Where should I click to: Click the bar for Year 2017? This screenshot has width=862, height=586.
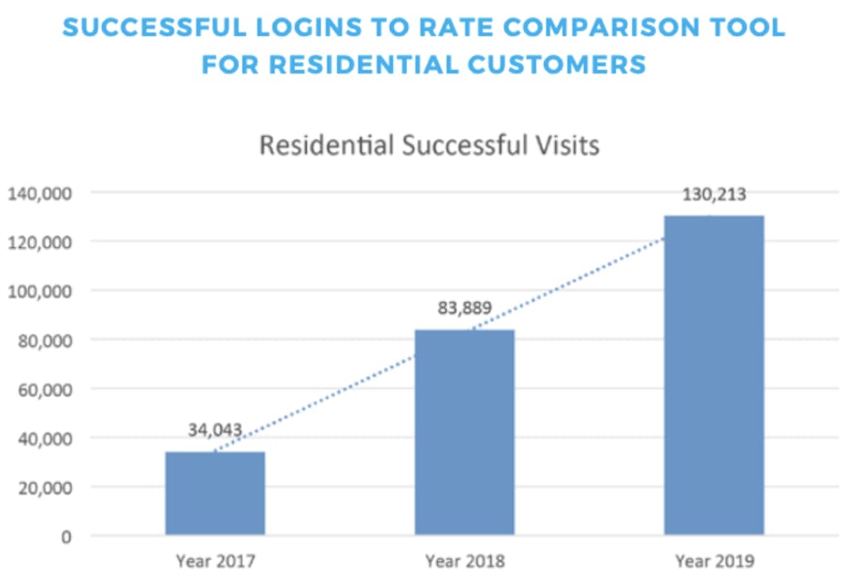[x=215, y=494]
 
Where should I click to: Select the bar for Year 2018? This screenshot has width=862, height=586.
[x=465, y=432]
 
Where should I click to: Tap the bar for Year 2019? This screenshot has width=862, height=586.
[x=714, y=375]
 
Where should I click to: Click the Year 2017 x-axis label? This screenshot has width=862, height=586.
[x=215, y=562]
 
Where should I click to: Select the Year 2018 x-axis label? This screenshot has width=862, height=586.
[x=465, y=562]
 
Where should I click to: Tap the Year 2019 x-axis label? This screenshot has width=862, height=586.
[x=715, y=562]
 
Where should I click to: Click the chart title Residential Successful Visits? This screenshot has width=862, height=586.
[x=429, y=145]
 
